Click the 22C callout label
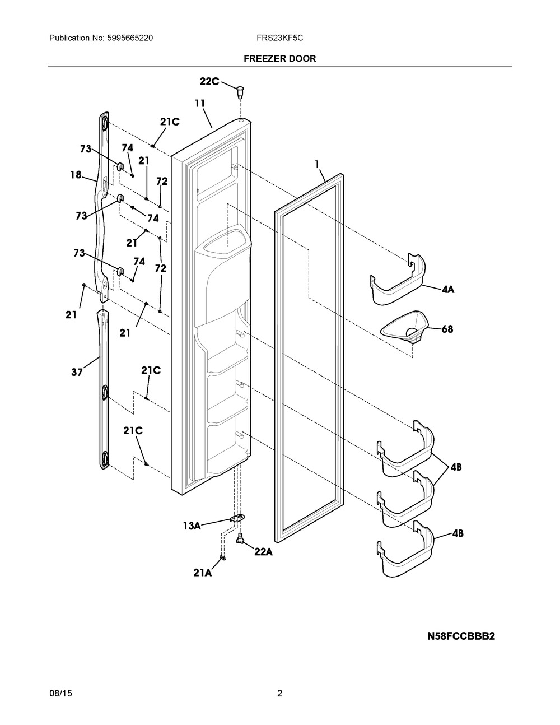pyautogui.click(x=209, y=81)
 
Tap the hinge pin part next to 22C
pyautogui.click(x=240, y=91)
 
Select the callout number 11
pyautogui.click(x=200, y=104)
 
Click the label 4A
pyautogui.click(x=448, y=290)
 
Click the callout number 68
pyautogui.click(x=447, y=329)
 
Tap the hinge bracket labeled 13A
pyautogui.click(x=237, y=518)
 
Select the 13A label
pyautogui.click(x=192, y=526)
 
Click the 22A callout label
pyautogui.click(x=263, y=552)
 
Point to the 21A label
pyautogui.click(x=202, y=573)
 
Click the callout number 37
pyautogui.click(x=77, y=372)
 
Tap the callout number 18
pyautogui.click(x=76, y=174)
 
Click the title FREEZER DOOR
pyautogui.click(x=279, y=59)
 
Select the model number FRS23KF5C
pyautogui.click(x=279, y=38)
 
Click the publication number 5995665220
pyautogui.click(x=130, y=38)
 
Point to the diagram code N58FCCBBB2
pyautogui.click(x=461, y=636)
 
